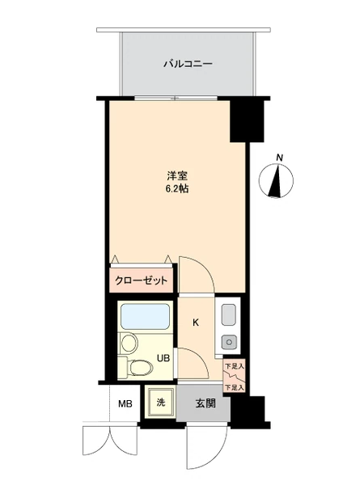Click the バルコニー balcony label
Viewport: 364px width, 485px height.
188,64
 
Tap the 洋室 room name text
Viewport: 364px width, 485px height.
177,176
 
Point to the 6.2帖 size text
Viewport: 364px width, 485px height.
177,189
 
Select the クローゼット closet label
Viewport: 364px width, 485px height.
141,280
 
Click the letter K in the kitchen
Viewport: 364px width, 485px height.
196,323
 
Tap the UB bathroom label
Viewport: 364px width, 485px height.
163,358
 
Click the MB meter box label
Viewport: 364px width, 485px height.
125,404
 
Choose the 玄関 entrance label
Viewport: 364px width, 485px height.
205,403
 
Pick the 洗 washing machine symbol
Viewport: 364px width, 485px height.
160,403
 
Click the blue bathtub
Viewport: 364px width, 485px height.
145,316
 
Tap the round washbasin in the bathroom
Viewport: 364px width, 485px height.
129,343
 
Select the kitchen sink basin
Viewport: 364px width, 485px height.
229,314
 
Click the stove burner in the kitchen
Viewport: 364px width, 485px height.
229,342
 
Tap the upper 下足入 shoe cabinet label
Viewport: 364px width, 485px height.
235,366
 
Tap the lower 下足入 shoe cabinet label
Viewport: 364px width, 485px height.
235,387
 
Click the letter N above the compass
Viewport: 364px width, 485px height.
280,158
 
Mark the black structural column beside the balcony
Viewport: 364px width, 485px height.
247,120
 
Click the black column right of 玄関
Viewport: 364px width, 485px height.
249,412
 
